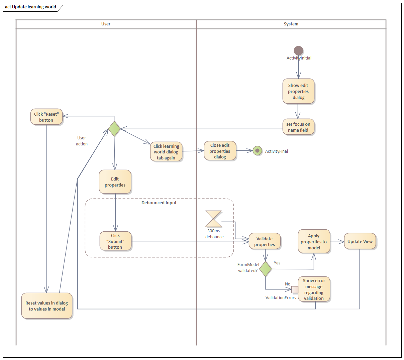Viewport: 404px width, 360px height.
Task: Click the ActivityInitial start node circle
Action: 298,51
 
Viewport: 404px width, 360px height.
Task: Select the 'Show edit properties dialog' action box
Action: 298,91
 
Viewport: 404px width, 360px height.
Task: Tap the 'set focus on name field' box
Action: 298,127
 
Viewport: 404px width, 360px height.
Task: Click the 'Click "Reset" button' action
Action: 46,117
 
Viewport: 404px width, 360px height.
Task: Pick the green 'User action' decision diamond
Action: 114,129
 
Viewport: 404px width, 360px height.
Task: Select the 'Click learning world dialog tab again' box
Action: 166,152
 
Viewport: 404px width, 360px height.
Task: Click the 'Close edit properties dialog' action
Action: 220,151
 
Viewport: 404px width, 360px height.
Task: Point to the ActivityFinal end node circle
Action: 257,151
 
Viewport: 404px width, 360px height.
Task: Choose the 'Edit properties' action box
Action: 115,182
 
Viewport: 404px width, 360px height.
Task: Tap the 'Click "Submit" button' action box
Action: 115,241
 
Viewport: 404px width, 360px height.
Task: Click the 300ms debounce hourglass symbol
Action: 213,219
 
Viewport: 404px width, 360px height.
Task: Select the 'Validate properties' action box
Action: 265,241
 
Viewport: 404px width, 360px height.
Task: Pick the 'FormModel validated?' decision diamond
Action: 266,269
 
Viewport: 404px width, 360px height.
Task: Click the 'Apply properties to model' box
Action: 314,242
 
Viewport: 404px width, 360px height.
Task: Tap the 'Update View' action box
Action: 360,241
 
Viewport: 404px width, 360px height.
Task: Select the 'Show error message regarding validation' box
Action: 314,289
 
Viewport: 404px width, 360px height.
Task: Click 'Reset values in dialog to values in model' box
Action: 47,306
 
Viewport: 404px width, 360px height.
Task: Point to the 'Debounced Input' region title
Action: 159,203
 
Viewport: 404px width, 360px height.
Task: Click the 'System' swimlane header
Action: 291,24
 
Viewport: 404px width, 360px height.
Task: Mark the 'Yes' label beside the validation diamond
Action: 277,263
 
